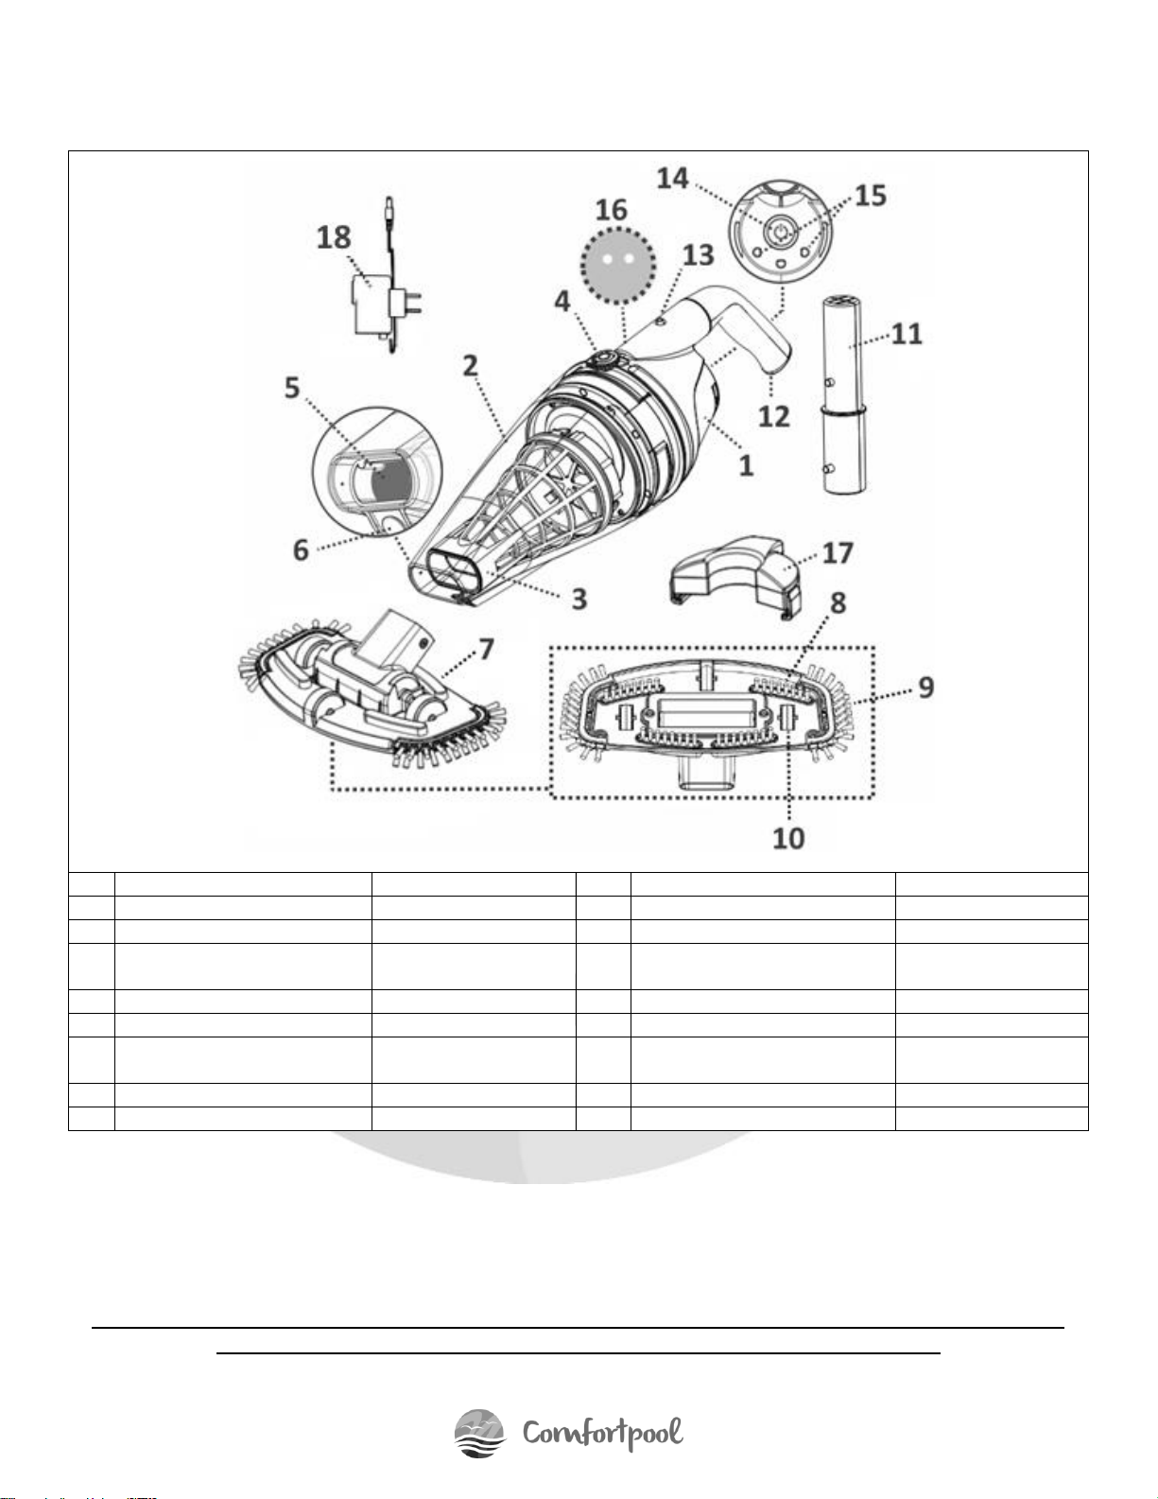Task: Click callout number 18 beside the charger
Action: pyautogui.click(x=334, y=238)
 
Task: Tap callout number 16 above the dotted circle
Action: pyautogui.click(x=612, y=210)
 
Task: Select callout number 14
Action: pyautogui.click(x=673, y=178)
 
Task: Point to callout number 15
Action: pyautogui.click(x=871, y=195)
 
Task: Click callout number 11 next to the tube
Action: pyautogui.click(x=907, y=334)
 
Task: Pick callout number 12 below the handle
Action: pyautogui.click(x=773, y=416)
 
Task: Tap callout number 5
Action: pyautogui.click(x=292, y=388)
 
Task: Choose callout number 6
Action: pyautogui.click(x=301, y=549)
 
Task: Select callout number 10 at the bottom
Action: pyautogui.click(x=788, y=838)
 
